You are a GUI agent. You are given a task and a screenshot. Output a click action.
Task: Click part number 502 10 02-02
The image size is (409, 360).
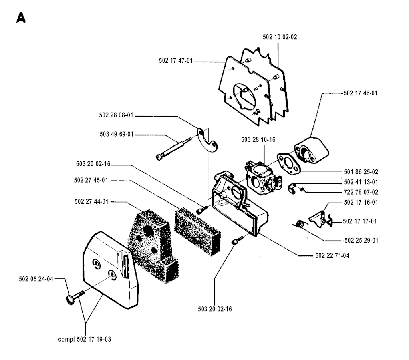point(280,37)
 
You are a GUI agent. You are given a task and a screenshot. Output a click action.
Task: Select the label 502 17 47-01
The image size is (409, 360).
point(176,61)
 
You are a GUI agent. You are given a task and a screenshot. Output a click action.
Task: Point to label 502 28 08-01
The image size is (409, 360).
point(116,116)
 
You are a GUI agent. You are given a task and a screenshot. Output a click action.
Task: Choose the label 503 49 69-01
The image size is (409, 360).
point(116,135)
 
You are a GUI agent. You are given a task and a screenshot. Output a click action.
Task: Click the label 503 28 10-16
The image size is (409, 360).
point(258,140)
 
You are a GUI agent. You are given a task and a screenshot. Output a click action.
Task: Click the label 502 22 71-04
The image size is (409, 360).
point(330,256)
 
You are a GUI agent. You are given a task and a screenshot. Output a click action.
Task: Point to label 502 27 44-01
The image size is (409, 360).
point(91,201)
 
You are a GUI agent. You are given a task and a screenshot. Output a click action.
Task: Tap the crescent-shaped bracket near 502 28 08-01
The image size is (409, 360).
point(208,140)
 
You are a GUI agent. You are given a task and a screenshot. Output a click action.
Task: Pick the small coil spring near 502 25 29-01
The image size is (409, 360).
point(302,225)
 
